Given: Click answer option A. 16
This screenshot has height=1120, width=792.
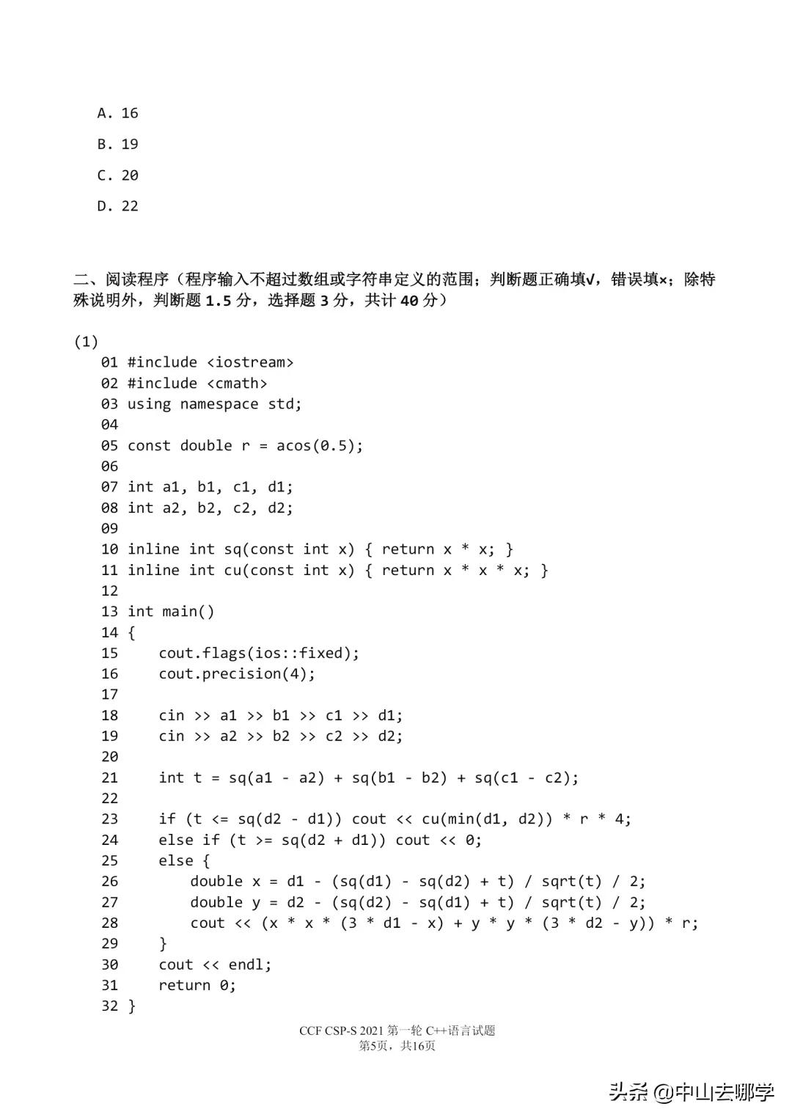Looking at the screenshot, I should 117,113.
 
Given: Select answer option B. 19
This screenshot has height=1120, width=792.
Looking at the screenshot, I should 117,144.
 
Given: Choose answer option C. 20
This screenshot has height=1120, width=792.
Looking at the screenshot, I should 117,175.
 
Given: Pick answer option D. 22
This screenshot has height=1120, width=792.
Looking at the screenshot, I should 117,206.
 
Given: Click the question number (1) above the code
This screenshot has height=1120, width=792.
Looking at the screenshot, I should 86,341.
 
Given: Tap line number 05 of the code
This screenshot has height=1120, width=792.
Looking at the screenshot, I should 109,445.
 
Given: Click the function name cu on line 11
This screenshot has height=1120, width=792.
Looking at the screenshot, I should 232,570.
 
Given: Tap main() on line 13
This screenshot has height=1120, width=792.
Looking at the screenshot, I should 188,612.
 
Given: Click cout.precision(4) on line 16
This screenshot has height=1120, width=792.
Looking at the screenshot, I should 236,673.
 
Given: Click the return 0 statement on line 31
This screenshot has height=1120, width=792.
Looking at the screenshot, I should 197,985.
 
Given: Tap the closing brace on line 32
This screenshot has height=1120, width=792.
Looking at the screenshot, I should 132,1006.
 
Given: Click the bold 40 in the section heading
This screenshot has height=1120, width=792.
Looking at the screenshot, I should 408,300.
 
